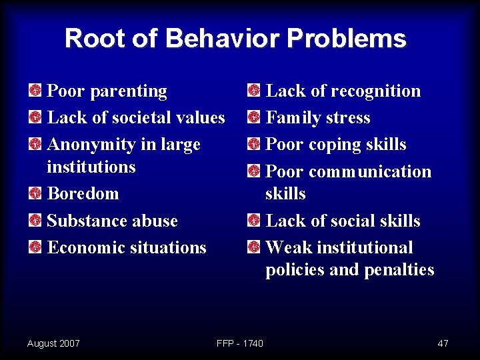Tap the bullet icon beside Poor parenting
(35, 91)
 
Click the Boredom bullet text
(83, 194)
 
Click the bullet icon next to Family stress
(253, 118)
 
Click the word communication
(370, 171)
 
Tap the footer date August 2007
(53, 343)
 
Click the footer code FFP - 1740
(240, 343)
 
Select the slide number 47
(443, 343)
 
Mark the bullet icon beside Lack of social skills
(253, 221)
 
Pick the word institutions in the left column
(91, 167)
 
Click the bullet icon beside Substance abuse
(35, 221)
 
